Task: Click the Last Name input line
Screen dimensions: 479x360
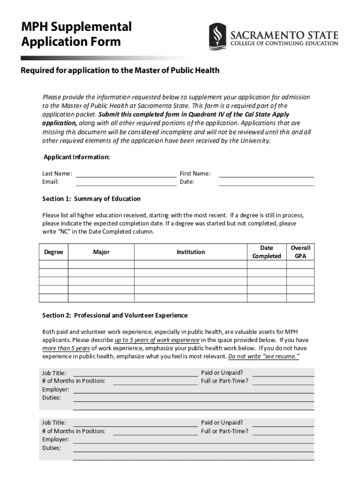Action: [126, 174]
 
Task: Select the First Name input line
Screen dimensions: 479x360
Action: [266, 174]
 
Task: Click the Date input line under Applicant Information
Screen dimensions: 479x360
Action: [266, 182]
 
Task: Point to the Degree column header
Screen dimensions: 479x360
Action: [53, 252]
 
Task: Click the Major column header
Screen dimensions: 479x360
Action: [101, 252]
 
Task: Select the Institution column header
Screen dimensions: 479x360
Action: [190, 252]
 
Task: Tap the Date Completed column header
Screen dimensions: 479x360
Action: [266, 252]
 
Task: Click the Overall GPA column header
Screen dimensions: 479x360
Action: [301, 252]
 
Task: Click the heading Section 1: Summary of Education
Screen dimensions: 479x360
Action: [91, 199]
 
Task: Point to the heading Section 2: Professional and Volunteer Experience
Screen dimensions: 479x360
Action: [115, 315]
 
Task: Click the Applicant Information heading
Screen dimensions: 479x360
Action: [76, 157]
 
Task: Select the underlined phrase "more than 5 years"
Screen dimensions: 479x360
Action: [66, 348]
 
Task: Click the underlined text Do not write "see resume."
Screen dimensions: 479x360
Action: [264, 357]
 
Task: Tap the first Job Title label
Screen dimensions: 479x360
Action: [54, 373]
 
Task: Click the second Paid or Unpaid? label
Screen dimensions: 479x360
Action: [222, 422]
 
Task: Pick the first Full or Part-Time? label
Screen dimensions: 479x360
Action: [224, 381]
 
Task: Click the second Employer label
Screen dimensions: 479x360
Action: [56, 440]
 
